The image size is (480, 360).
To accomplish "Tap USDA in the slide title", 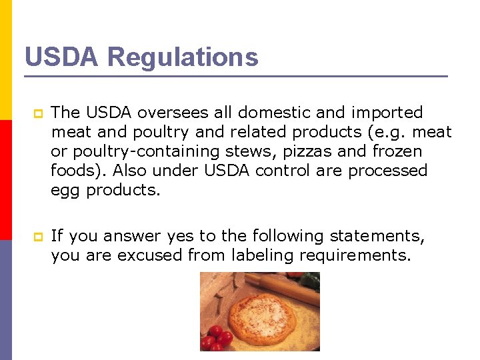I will pyautogui.click(x=62, y=57).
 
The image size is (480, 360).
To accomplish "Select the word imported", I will pyautogui.click(x=386, y=113).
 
